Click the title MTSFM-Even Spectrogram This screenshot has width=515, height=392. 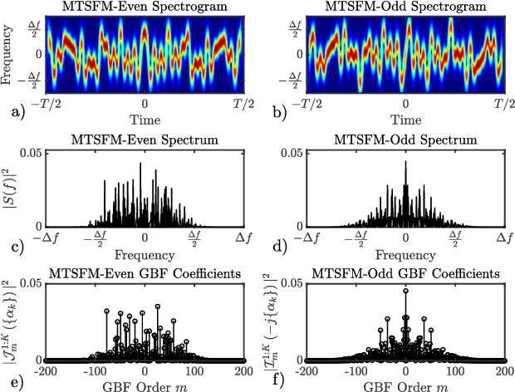pyautogui.click(x=145, y=7)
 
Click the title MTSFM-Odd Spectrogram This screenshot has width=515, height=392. pyautogui.click(x=405, y=7)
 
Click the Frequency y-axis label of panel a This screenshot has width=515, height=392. pyautogui.click(x=7, y=54)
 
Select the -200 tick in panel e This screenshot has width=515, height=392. pyautogui.click(x=43, y=370)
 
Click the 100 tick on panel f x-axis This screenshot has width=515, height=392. pyautogui.click(x=454, y=370)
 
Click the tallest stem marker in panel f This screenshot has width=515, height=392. pyautogui.click(x=405, y=291)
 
